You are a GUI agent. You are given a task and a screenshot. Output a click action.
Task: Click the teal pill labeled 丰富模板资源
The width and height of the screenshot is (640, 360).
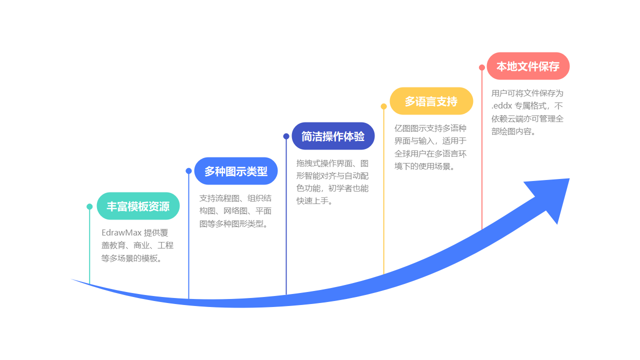coord(138,206)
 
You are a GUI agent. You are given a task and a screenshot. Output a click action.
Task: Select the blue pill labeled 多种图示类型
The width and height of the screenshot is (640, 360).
coord(236,171)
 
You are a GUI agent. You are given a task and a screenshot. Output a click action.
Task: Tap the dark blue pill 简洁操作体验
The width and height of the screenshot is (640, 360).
coord(333,136)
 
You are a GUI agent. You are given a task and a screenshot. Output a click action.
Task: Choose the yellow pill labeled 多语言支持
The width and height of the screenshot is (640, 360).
coord(431,101)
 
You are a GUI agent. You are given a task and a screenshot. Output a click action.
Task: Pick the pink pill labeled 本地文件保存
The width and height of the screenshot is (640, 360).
coord(528,66)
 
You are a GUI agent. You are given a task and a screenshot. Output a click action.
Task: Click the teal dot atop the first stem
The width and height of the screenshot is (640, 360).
coord(89,206)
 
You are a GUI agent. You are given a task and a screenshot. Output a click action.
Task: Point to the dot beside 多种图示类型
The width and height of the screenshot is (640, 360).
coord(188,171)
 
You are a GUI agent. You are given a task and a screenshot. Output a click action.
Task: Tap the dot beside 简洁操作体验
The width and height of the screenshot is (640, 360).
coord(286,136)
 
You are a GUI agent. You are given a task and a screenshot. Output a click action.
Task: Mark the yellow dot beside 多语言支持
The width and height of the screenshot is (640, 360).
coord(383,106)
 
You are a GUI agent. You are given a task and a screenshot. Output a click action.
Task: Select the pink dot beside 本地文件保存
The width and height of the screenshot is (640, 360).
coord(481,67)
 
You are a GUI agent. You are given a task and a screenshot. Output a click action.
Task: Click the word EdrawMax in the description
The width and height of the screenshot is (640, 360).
coord(121,232)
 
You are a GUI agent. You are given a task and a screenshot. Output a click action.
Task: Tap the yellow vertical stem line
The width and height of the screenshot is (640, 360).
coord(383,190)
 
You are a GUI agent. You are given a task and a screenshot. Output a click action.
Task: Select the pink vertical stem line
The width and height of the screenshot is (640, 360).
coord(481,150)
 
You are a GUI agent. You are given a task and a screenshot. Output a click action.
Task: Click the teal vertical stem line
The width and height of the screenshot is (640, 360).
coord(89,245)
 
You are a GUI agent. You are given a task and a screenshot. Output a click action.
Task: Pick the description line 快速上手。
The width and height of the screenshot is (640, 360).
coord(314,201)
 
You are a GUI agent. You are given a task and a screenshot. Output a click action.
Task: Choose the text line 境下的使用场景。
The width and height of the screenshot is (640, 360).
coord(424,166)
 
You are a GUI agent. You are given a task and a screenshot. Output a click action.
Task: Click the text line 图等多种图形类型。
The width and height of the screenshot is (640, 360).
coord(233,224)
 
